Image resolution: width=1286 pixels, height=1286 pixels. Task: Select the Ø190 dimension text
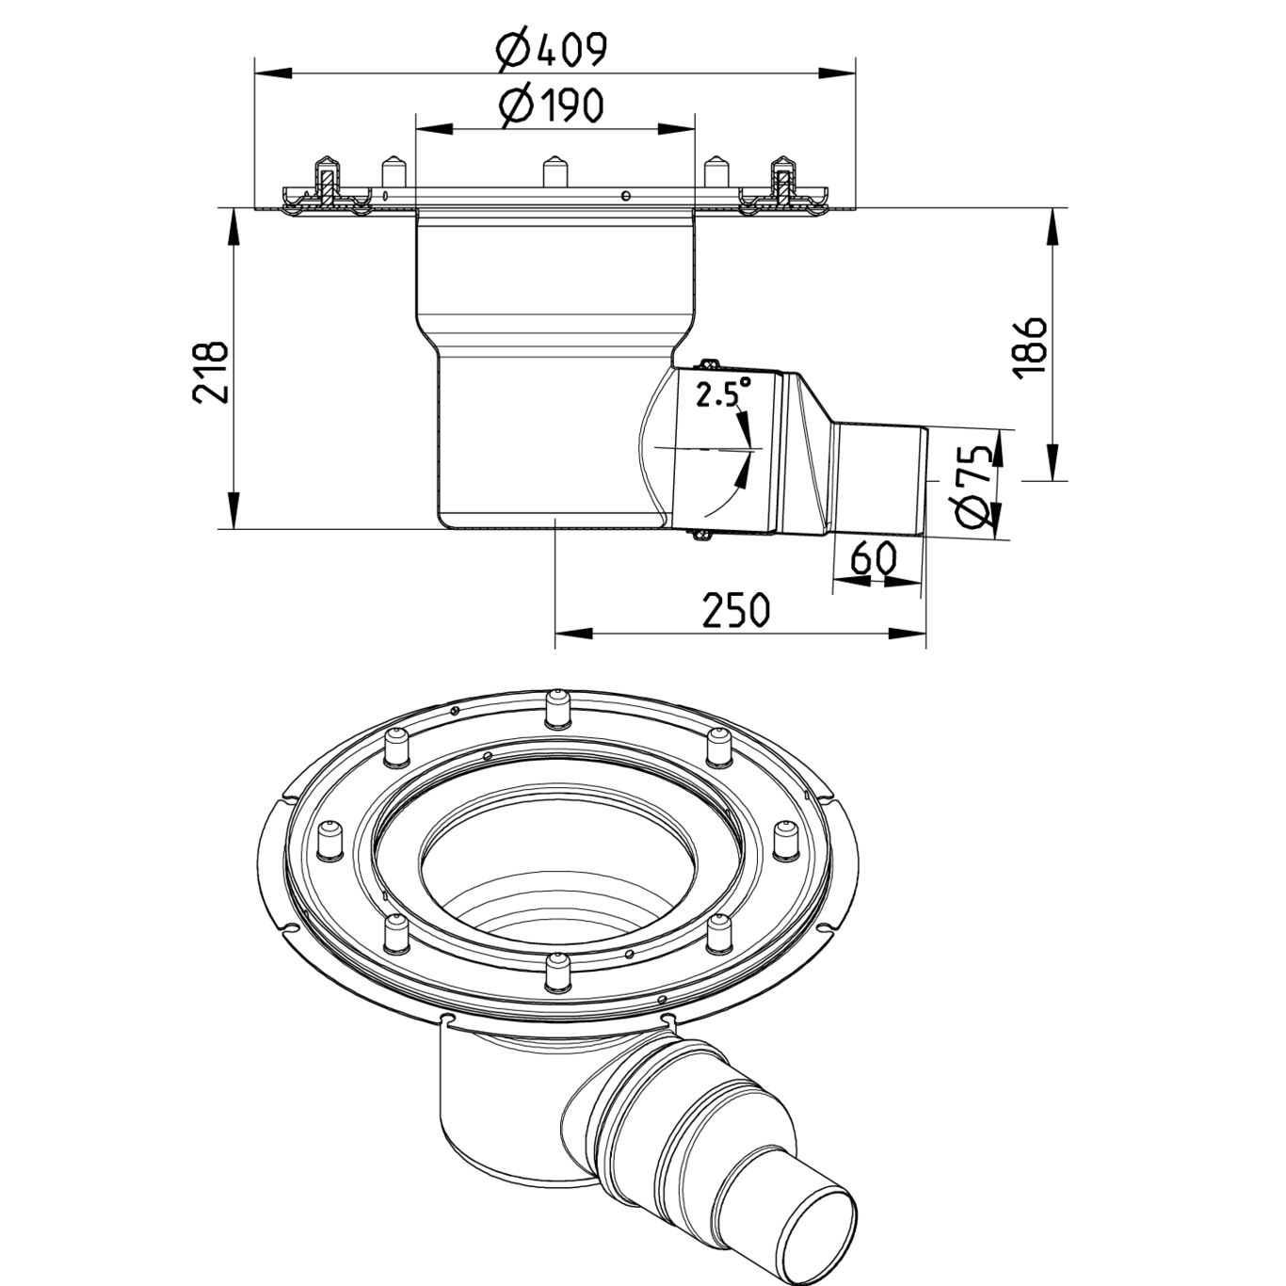[x=552, y=106]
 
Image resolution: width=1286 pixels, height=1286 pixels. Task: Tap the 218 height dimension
[x=211, y=372]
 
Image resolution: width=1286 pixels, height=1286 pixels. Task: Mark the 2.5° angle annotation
[x=723, y=394]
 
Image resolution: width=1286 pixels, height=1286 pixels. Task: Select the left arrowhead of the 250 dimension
[x=574, y=632]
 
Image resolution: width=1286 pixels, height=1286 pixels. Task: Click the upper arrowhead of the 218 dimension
[x=233, y=230]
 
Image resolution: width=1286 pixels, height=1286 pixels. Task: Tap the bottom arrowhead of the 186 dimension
[x=1053, y=461]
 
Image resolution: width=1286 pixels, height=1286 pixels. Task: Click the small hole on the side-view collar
[x=625, y=196]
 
